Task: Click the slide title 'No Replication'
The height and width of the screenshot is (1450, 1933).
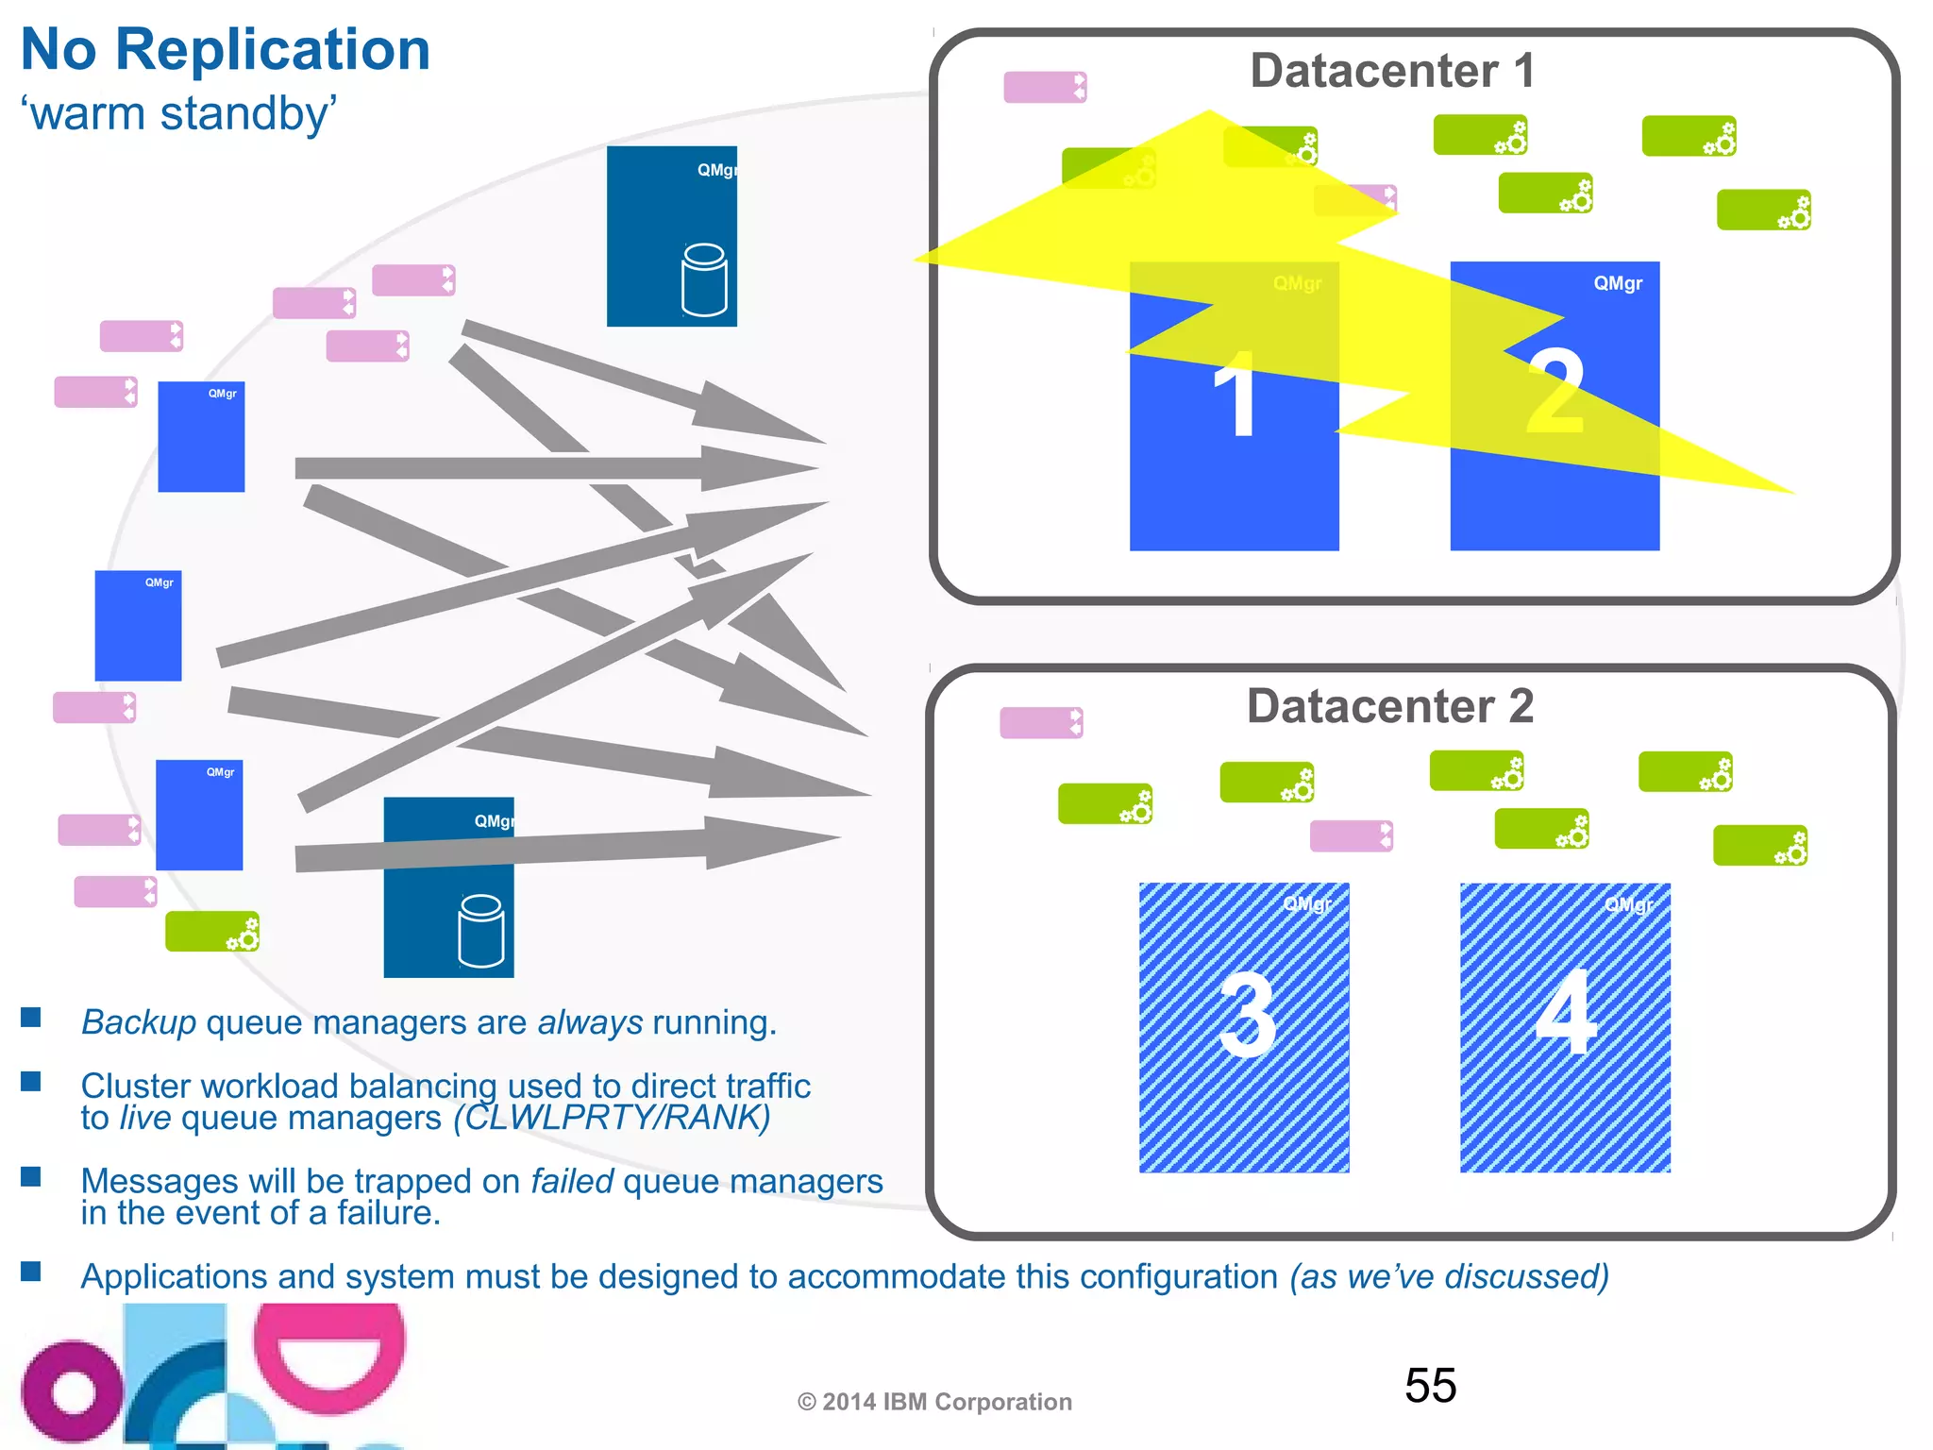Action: click(x=225, y=49)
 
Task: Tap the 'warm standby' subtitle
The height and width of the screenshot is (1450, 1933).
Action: click(x=179, y=114)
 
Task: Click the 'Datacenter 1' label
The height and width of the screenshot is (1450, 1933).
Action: click(x=1392, y=71)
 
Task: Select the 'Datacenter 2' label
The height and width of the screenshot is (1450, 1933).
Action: click(x=1389, y=706)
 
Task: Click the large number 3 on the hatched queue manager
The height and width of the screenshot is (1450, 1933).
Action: click(x=1247, y=1016)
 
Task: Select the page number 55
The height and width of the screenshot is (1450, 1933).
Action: click(x=1430, y=1386)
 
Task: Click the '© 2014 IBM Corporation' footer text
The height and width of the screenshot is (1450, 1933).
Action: click(x=934, y=1402)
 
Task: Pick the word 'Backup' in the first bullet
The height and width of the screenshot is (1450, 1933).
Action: click(x=139, y=1022)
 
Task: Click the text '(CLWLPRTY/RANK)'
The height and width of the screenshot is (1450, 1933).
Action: click(x=612, y=1118)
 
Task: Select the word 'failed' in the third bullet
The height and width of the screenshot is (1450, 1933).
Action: click(x=572, y=1181)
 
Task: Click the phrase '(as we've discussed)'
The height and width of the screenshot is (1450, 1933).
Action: click(x=1449, y=1276)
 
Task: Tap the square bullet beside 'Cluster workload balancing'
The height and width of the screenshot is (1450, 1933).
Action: click(x=31, y=1081)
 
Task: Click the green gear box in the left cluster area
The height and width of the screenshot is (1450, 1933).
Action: click(x=211, y=932)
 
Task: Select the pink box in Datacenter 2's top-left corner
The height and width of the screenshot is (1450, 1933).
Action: click(x=1041, y=723)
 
